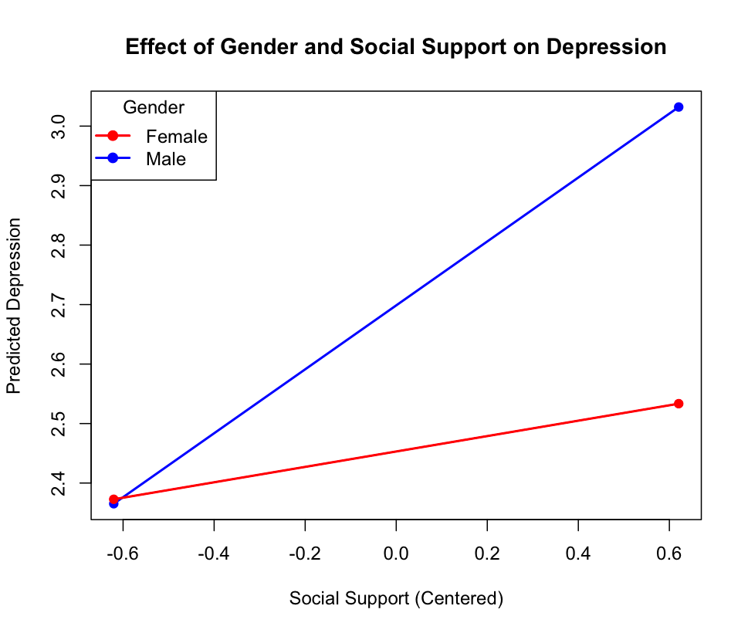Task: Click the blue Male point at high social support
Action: click(x=679, y=107)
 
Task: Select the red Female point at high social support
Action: click(x=679, y=404)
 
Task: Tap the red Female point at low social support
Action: click(x=114, y=499)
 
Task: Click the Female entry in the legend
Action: click(x=177, y=137)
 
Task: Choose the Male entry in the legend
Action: click(x=166, y=159)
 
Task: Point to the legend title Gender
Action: click(x=154, y=107)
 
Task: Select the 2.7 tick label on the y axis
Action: click(x=59, y=305)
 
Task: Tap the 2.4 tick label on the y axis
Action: click(x=59, y=483)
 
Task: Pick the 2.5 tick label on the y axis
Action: click(x=59, y=424)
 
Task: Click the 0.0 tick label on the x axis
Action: click(x=396, y=553)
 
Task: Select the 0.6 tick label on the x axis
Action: click(x=669, y=553)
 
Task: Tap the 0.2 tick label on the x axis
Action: click(x=487, y=553)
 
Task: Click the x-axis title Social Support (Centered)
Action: click(x=396, y=599)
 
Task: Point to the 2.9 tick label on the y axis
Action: click(x=59, y=186)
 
